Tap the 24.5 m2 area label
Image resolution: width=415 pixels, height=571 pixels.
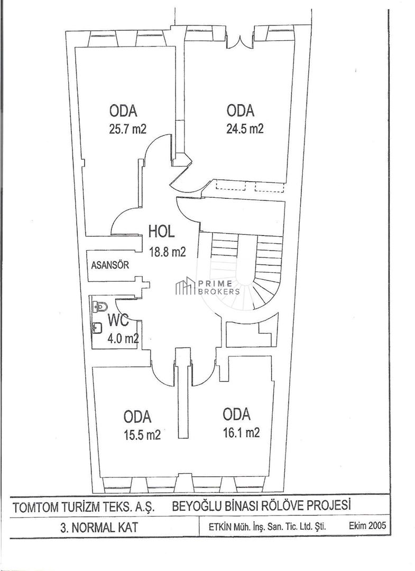coord(245,129)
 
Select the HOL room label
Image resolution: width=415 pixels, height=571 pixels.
coord(162,232)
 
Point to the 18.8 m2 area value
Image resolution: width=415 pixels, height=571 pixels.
coord(167,252)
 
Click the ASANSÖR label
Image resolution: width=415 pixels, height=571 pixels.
coord(110,265)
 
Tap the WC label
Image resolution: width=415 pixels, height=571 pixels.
coord(119,320)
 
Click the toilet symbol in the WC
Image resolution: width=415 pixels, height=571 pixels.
coord(100,306)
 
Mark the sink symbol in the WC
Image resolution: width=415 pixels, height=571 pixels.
coord(98,328)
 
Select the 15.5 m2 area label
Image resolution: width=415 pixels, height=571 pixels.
coord(142,435)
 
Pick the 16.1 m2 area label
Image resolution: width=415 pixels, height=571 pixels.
coord(241,432)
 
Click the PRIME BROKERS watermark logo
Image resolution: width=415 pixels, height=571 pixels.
coord(208,288)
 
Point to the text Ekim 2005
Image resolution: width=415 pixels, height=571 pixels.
coord(367,526)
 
